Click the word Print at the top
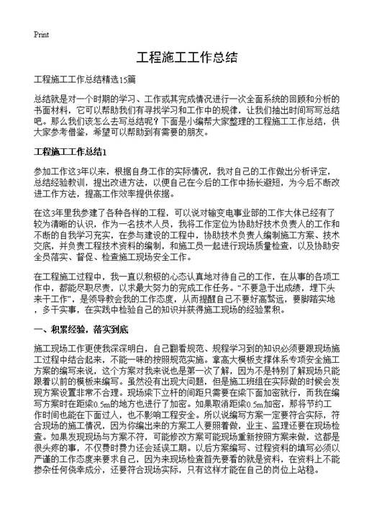pyautogui.click(x=40, y=34)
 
